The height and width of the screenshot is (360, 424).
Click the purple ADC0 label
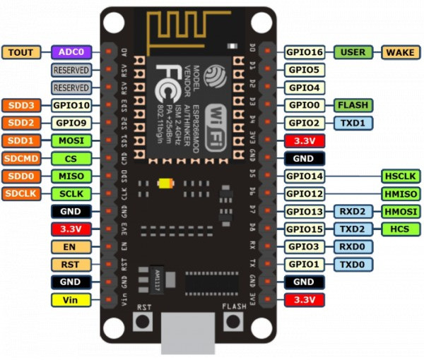pyautogui.click(x=71, y=52)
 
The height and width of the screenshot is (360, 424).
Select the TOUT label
pyautogui.click(x=22, y=52)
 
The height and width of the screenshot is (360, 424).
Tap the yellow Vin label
pyautogui.click(x=71, y=299)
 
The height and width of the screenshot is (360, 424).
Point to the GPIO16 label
pyautogui.click(x=305, y=52)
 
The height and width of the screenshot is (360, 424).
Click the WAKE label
pyautogui.click(x=401, y=52)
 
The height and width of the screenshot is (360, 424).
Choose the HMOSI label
pyautogui.click(x=401, y=211)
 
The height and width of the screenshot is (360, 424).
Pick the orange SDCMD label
pyautogui.click(x=22, y=158)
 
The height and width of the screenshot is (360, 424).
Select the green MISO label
pyautogui.click(x=71, y=176)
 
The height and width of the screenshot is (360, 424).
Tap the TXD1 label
pyautogui.click(x=352, y=123)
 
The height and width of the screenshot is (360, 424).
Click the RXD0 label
pyautogui.click(x=352, y=246)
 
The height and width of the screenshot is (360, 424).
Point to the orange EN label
pyautogui.click(x=71, y=246)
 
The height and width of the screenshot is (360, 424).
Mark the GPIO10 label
pyautogui.click(x=71, y=105)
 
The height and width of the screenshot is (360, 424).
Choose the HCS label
pyautogui.click(x=401, y=229)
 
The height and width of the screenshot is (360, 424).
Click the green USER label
pyautogui.click(x=352, y=52)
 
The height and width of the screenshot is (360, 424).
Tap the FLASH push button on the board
pyautogui.click(x=232, y=322)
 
